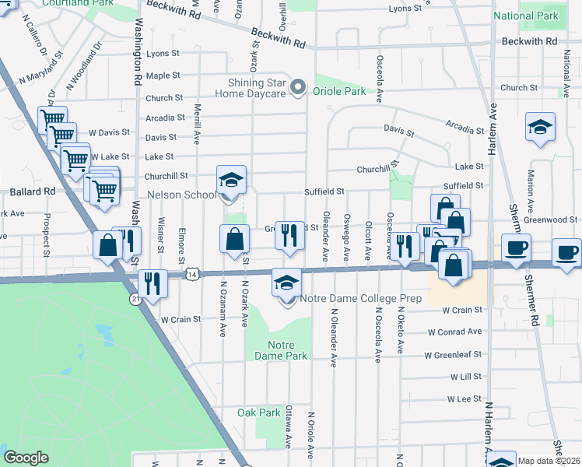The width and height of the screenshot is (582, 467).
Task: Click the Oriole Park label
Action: [x=339, y=91]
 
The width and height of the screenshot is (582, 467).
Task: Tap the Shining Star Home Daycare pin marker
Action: [x=296, y=88]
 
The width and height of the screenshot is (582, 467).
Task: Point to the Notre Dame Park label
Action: [x=281, y=349]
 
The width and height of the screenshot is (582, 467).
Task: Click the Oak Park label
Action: [x=258, y=413]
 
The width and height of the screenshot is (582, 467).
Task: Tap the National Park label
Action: [x=526, y=16]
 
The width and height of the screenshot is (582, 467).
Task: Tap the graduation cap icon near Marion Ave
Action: [x=539, y=127]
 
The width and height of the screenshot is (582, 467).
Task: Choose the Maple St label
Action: [x=163, y=75]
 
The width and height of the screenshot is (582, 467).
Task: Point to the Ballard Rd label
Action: [x=32, y=191]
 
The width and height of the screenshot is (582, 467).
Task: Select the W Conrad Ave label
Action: [x=454, y=332]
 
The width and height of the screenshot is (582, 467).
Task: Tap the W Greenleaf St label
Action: [x=453, y=355]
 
